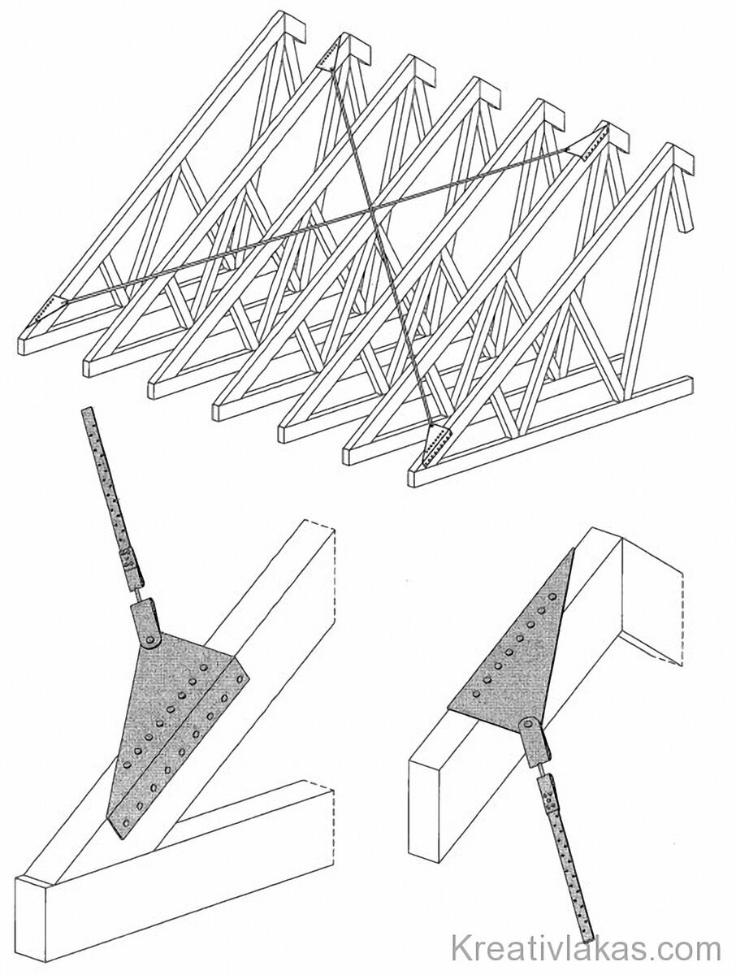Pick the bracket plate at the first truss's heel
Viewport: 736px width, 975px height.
tap(50, 311)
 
